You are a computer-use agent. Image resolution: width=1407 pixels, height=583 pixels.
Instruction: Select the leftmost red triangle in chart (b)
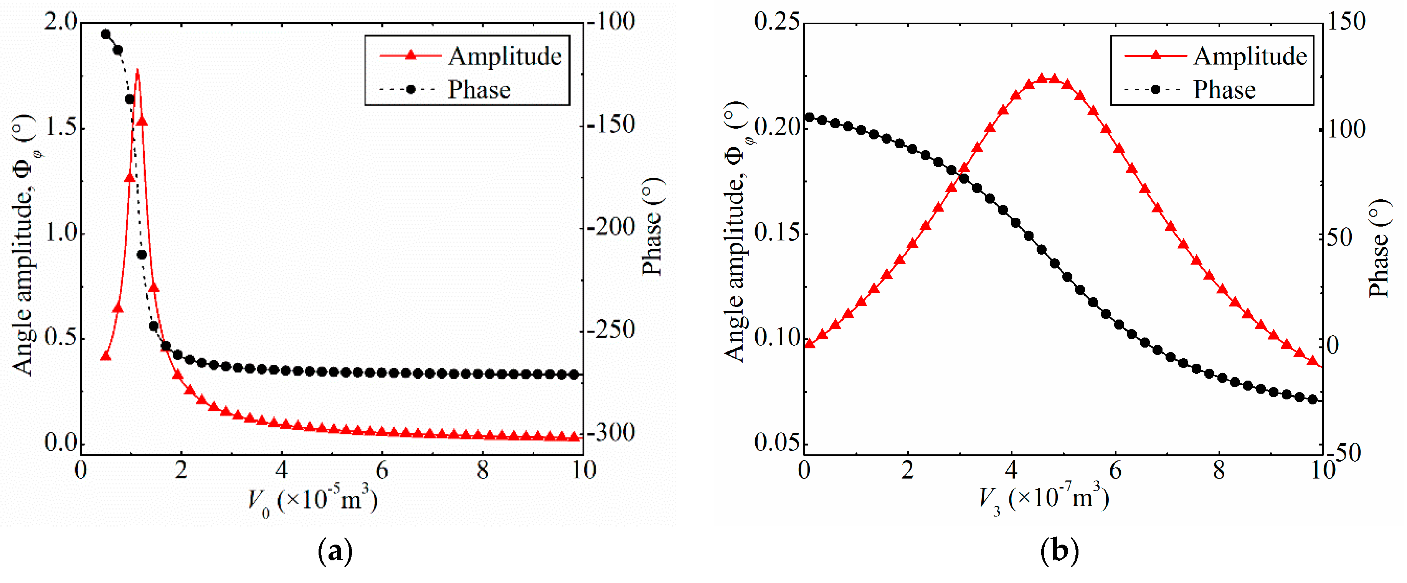[809, 344]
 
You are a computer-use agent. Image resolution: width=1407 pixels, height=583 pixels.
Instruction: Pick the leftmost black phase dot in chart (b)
[809, 117]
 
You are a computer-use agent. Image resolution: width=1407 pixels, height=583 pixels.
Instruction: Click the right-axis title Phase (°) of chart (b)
[1379, 248]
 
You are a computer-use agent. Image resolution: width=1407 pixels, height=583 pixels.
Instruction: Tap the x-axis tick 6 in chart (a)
[382, 470]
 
